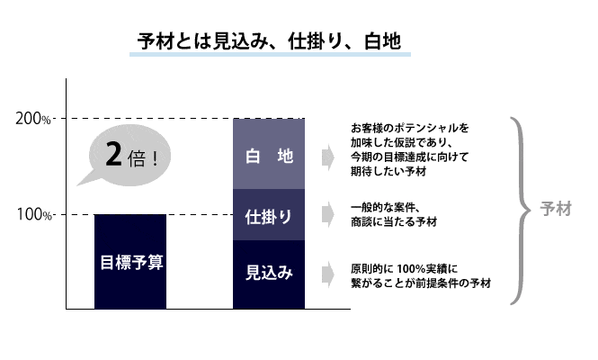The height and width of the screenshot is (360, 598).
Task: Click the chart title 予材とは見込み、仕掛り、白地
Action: coord(269,41)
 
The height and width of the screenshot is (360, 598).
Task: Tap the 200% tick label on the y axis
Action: coord(32,119)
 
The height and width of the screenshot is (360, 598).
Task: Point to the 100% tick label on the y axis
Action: coord(33,214)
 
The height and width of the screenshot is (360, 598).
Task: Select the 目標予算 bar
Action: coord(130,262)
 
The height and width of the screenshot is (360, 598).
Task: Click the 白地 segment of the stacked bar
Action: coord(269,154)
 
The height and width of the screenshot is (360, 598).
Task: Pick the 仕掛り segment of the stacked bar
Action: coord(269,215)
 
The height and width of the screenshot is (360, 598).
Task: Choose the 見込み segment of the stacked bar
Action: coord(269,274)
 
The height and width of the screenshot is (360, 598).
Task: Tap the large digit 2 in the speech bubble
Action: coord(113,154)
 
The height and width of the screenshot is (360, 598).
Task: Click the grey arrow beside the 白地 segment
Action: coord(327,157)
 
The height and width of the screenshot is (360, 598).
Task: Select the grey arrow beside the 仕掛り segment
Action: coord(327,214)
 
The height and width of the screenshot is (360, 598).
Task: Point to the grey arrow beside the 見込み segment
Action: coord(327,274)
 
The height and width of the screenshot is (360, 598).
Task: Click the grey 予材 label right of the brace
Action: coord(556,210)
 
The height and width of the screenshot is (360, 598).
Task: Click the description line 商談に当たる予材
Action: coord(394,222)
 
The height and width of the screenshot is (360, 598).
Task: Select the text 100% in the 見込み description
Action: coord(411,269)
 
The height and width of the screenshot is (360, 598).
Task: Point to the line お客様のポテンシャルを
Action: coord(409,128)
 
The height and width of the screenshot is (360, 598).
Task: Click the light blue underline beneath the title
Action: coord(270,55)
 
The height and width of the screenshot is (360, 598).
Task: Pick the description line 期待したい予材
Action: coord(388,171)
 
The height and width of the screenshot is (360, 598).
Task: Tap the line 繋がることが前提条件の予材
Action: coord(421,283)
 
